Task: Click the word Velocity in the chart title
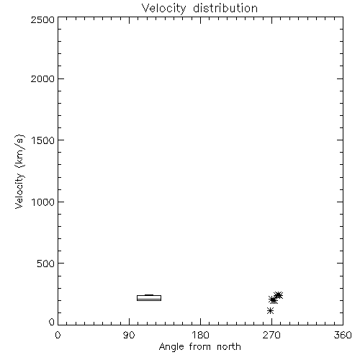click(x=164, y=9)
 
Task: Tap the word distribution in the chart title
click(x=225, y=8)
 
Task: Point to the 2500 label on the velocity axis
click(x=42, y=19)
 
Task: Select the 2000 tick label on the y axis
click(x=42, y=78)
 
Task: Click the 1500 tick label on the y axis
click(x=43, y=140)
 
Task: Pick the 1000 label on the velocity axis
click(x=43, y=202)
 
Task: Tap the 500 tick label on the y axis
click(x=46, y=264)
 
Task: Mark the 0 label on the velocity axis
click(x=52, y=322)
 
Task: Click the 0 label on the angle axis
click(x=58, y=335)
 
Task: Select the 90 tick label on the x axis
click(x=129, y=335)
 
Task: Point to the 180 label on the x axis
click(x=200, y=335)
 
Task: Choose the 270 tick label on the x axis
click(x=271, y=335)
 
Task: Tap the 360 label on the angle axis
click(x=343, y=335)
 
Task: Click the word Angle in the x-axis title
click(x=171, y=347)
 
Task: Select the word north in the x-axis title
click(x=229, y=346)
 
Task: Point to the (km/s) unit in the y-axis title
click(x=19, y=151)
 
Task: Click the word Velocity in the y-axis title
click(x=19, y=191)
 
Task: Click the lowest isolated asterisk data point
click(x=270, y=310)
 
